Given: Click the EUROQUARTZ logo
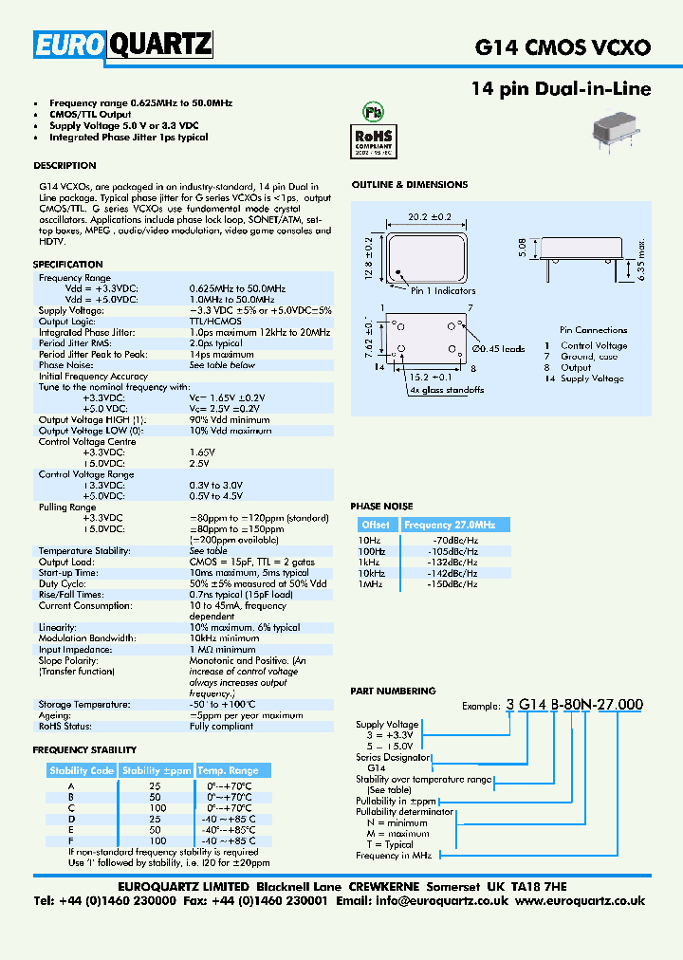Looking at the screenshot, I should coord(123,44).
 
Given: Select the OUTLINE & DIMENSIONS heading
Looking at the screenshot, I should coord(409,184).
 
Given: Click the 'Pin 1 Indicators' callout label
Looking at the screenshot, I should coord(443,290).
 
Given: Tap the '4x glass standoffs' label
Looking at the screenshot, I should coord(447,390).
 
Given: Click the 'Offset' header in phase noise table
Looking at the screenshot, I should coord(376,525).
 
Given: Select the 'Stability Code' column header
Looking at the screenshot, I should coord(82,770).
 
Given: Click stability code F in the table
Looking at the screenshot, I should coord(70,840).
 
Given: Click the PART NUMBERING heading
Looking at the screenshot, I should coord(393,691).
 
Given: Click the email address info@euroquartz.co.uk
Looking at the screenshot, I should coord(442,900).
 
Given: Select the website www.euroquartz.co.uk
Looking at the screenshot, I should coord(580,900).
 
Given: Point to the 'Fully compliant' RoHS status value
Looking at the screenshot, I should coord(221,727).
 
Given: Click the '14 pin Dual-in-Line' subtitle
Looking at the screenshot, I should coord(561,89).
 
